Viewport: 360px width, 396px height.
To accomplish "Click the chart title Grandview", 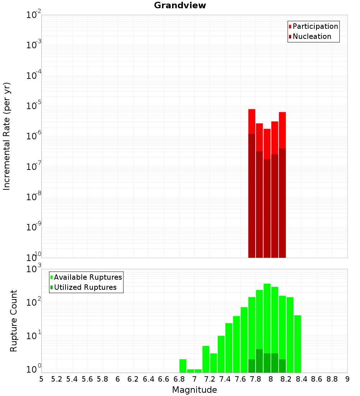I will [180, 5].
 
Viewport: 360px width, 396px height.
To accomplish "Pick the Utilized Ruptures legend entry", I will [85, 287].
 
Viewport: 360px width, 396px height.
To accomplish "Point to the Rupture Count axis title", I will [14, 321].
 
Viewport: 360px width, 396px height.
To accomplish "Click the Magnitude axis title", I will [194, 390].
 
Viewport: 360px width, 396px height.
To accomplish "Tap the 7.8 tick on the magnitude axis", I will [256, 379].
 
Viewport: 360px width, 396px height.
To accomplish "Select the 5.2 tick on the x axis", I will [57, 379].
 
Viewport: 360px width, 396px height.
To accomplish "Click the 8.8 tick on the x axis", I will [332, 379].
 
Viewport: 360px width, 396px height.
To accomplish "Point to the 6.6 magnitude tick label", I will [164, 379].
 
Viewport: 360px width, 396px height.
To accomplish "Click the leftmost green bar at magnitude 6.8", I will [183, 365].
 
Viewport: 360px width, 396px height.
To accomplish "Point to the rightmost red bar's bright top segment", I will [282, 130].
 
